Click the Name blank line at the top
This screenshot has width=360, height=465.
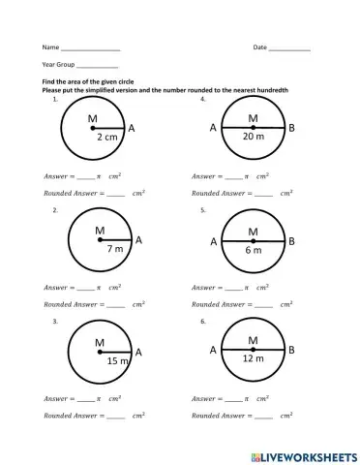click(x=91, y=48)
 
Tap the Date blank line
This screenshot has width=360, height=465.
click(x=290, y=48)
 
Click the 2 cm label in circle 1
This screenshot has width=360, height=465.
click(x=106, y=139)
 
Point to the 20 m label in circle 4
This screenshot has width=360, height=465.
click(x=253, y=138)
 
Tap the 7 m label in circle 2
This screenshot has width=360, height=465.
click(x=113, y=249)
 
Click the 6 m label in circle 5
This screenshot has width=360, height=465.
click(x=253, y=250)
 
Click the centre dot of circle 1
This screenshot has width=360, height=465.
click(x=93, y=128)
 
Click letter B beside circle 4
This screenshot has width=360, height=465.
click(x=293, y=128)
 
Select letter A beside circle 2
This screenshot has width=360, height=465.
click(x=138, y=238)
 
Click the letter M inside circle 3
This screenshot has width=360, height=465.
click(x=100, y=342)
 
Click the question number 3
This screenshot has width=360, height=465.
click(x=56, y=320)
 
